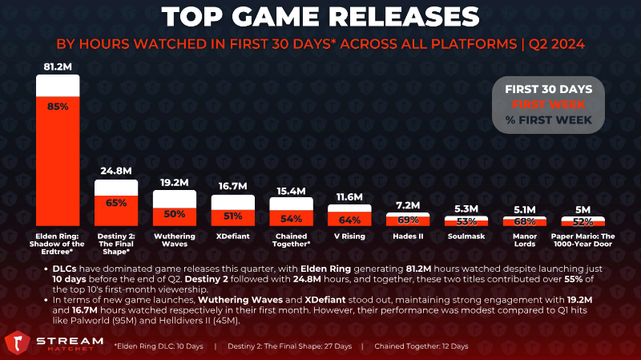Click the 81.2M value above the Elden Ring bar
point(58,65)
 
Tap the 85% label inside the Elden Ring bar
point(58,106)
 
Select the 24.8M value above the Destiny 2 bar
point(116,171)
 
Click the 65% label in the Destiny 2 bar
point(116,204)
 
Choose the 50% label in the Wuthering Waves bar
point(175,214)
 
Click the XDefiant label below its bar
point(232,237)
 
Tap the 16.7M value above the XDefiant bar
point(232,186)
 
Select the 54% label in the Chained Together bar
point(291,218)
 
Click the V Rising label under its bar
point(349,237)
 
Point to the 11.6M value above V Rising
point(349,196)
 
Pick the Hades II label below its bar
point(408,237)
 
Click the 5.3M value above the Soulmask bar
point(466,208)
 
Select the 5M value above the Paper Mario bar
point(583,209)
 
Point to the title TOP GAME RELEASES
point(320,16)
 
